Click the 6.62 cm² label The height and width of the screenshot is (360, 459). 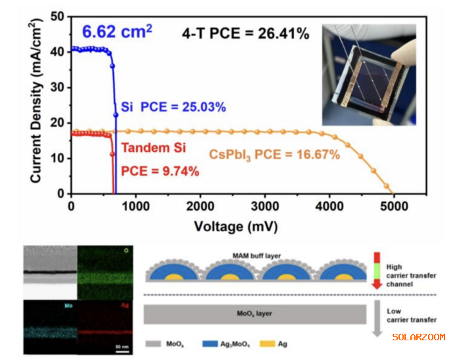click(117, 31)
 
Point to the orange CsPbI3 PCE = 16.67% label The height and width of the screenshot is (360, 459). click(274, 155)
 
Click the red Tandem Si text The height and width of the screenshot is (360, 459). click(154, 148)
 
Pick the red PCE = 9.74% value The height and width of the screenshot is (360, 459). click(160, 171)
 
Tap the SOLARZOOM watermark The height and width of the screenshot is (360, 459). click(418, 337)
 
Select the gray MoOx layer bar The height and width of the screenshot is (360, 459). click(256, 314)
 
